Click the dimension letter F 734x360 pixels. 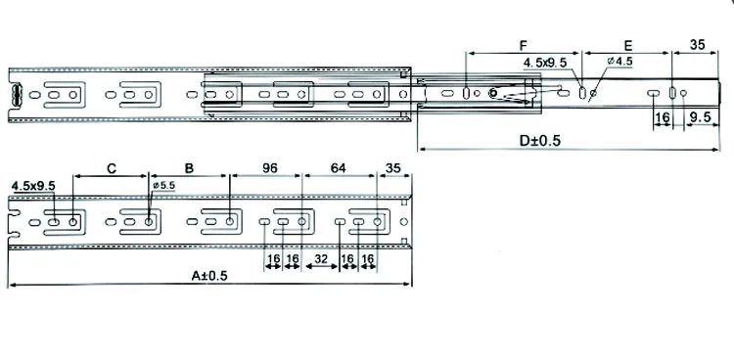point(524,45)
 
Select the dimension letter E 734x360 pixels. point(628,45)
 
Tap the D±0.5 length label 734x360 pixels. point(539,141)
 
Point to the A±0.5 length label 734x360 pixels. point(209,276)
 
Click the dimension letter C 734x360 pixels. point(112,168)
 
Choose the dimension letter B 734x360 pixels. point(189,168)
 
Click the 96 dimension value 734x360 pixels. point(270,168)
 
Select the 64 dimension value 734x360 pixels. point(338,168)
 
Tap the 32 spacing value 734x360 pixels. point(321,259)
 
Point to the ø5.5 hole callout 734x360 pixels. point(163,186)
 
